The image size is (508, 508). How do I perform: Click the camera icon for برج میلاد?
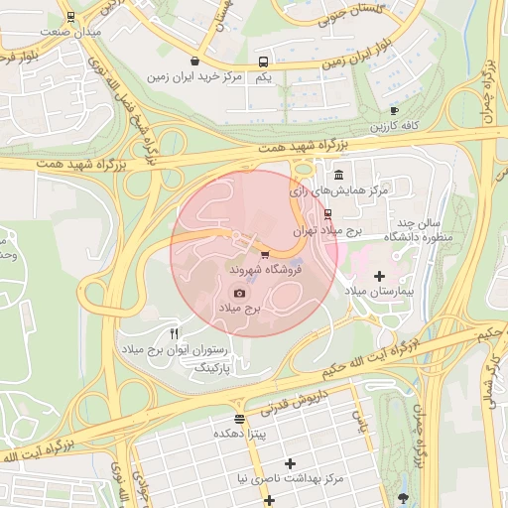(238, 293)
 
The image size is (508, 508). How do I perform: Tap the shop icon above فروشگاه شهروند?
(264, 255)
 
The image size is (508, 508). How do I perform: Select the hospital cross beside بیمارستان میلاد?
(379, 275)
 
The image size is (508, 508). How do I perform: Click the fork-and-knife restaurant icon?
(175, 333)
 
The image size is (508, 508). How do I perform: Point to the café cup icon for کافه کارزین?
(394, 111)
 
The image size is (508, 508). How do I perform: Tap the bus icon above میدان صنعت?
(70, 17)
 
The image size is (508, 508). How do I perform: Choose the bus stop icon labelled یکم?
(262, 61)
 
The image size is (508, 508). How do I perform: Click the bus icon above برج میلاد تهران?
(328, 213)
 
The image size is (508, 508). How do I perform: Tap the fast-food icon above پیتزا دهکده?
(238, 419)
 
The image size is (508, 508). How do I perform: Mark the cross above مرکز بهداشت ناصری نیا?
(290, 463)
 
